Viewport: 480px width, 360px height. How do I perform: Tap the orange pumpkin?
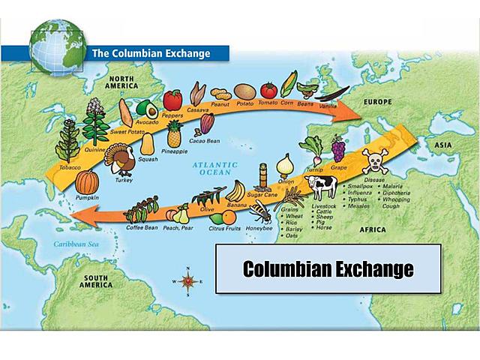[88, 181]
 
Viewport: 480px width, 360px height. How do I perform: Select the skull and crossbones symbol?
[374, 161]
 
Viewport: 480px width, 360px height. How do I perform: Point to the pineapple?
[174, 135]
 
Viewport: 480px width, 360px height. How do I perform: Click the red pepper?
[172, 100]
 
